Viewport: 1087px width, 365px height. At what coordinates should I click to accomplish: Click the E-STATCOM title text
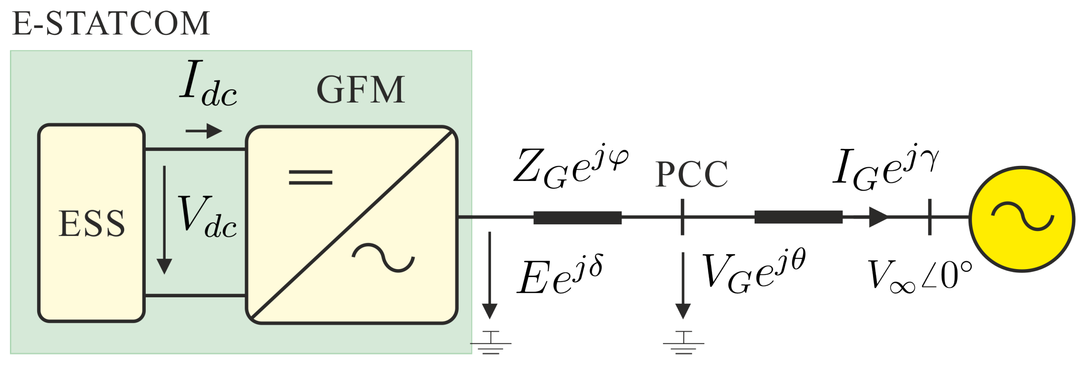111,24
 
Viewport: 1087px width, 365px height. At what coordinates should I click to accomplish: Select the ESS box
92,223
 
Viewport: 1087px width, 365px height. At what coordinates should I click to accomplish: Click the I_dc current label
208,83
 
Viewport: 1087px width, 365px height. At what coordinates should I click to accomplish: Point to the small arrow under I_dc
204,131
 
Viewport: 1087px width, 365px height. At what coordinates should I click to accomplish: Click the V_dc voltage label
207,217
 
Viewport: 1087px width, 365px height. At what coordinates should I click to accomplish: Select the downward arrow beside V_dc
164,219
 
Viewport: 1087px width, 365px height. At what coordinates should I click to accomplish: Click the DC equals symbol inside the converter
310,177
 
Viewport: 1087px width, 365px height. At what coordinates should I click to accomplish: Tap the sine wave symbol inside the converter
383,257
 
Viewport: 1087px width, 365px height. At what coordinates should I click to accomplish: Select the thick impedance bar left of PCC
577,217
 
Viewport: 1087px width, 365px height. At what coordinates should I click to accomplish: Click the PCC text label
691,174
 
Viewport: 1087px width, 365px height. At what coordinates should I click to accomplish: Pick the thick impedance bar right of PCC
798,217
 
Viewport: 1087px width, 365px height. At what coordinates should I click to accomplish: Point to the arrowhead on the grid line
878,217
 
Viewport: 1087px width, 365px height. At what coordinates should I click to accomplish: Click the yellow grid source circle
1022,219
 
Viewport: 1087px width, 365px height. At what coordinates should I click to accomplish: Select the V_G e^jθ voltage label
754,270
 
